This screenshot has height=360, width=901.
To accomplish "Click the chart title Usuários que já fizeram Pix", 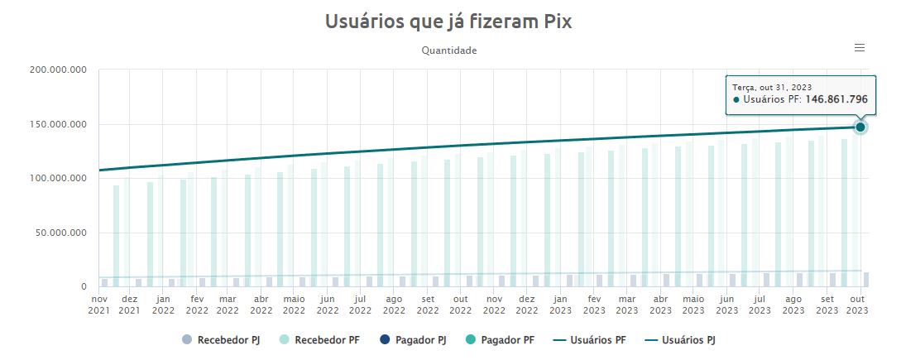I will (449, 22).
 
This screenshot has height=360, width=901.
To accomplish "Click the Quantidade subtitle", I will (449, 50).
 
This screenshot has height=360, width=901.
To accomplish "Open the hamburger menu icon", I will (860, 48).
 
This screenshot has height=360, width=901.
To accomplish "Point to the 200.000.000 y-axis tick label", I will (58, 70).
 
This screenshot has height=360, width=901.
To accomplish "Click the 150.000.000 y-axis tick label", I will (58, 125).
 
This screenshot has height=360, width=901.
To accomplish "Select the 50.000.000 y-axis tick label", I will (60, 233).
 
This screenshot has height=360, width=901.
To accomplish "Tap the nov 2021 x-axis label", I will (99, 305).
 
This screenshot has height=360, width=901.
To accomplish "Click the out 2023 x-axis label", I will (858, 305).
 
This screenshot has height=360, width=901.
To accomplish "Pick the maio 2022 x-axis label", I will (294, 305).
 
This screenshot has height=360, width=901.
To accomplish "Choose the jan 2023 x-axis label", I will (560, 305).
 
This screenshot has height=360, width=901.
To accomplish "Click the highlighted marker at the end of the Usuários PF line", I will (860, 127).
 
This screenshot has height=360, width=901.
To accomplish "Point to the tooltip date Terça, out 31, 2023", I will (771, 86).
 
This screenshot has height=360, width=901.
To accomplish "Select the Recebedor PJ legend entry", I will (216, 339).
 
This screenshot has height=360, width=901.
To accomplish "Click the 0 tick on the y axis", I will (84, 287).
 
